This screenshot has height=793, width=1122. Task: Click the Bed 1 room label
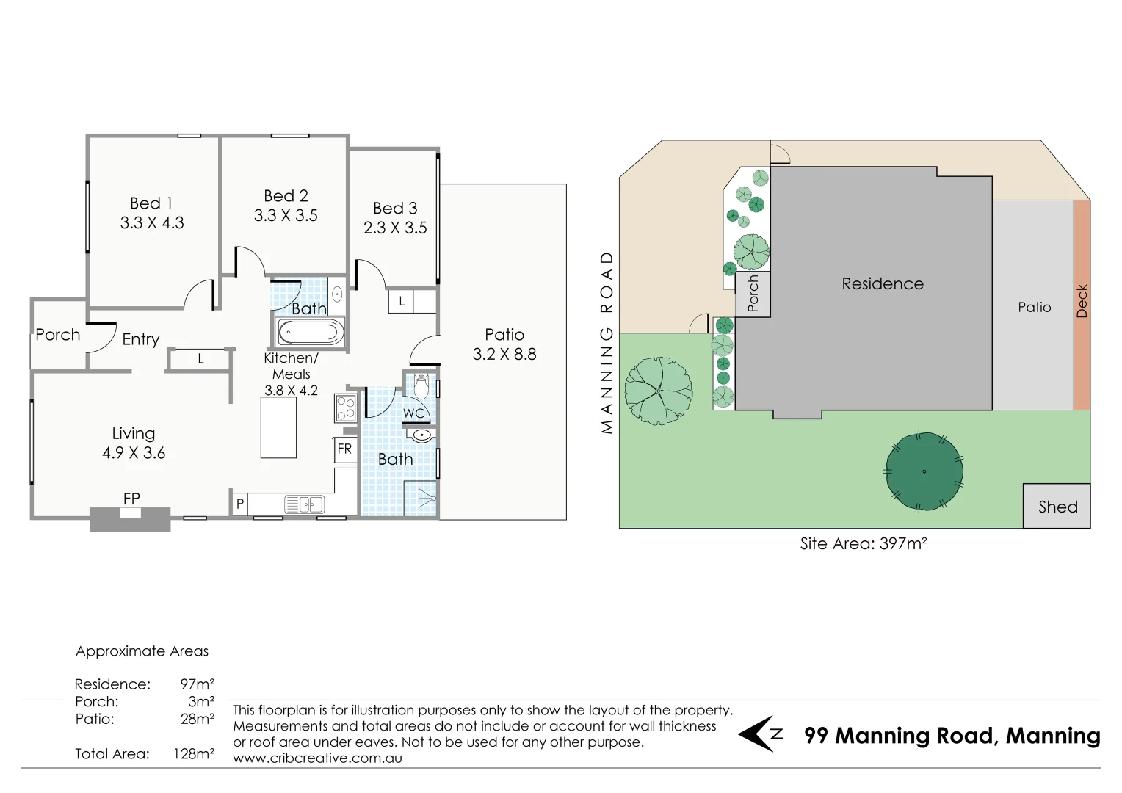click(151, 203)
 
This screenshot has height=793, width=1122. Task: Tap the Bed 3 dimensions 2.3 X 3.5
click(395, 228)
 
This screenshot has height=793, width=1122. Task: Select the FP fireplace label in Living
click(131, 499)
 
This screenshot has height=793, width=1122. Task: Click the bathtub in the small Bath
click(309, 333)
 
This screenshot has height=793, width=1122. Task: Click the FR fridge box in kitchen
click(344, 449)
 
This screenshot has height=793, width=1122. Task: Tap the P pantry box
click(239, 504)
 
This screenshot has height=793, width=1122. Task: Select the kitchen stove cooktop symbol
click(345, 408)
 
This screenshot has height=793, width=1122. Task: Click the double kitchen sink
click(304, 504)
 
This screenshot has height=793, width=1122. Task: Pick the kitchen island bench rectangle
click(279, 427)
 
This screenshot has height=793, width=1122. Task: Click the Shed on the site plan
click(1057, 506)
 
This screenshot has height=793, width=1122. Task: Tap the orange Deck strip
click(1082, 304)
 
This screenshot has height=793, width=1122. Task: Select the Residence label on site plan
click(882, 284)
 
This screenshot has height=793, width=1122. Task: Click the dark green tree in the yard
click(923, 471)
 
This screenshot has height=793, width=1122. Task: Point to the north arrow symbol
click(761, 734)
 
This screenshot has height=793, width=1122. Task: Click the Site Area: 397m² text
click(863, 544)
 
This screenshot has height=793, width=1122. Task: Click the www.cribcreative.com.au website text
click(317, 758)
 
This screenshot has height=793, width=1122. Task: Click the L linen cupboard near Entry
click(200, 359)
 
